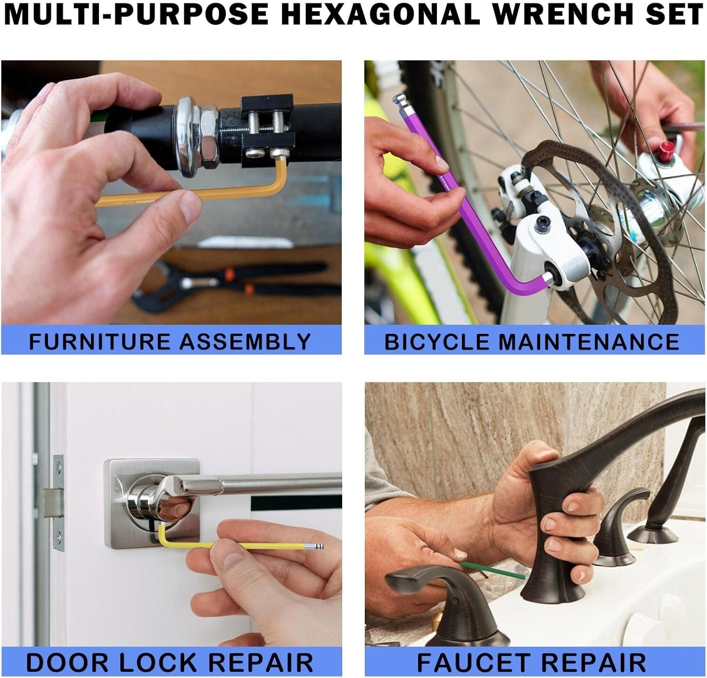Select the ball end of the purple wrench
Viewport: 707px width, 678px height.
[x=400, y=101]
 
